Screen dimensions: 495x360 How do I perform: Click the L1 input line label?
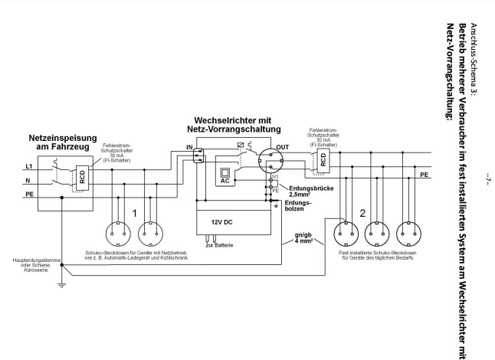tap(28, 166)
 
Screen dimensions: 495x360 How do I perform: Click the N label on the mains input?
tap(28, 181)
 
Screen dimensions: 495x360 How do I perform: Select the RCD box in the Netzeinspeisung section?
tap(83, 178)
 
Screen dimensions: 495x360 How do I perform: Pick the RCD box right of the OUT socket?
tap(323, 161)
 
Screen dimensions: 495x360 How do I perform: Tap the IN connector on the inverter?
tap(198, 155)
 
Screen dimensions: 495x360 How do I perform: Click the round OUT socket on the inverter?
tap(270, 161)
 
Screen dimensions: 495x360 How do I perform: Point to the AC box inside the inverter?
tap(225, 176)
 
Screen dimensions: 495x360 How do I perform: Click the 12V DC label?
tap(221, 222)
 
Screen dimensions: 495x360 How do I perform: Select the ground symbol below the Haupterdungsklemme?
tap(61, 286)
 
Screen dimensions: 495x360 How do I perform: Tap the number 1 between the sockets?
tap(135, 214)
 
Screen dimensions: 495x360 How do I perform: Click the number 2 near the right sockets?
tap(362, 214)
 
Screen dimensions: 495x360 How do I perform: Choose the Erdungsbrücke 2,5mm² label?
tap(311, 191)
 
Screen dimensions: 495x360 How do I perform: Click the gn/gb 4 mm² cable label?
tap(303, 238)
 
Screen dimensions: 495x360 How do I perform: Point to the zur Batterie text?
tap(219, 245)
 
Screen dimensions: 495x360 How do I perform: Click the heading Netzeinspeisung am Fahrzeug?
tap(63, 142)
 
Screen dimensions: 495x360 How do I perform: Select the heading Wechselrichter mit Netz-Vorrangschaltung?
tap(234, 125)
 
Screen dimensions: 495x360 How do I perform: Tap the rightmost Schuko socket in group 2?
tap(408, 234)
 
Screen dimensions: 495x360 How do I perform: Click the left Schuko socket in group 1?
tap(118, 234)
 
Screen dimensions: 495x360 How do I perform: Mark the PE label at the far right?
tap(424, 175)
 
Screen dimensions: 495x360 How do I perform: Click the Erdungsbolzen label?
tap(298, 206)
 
